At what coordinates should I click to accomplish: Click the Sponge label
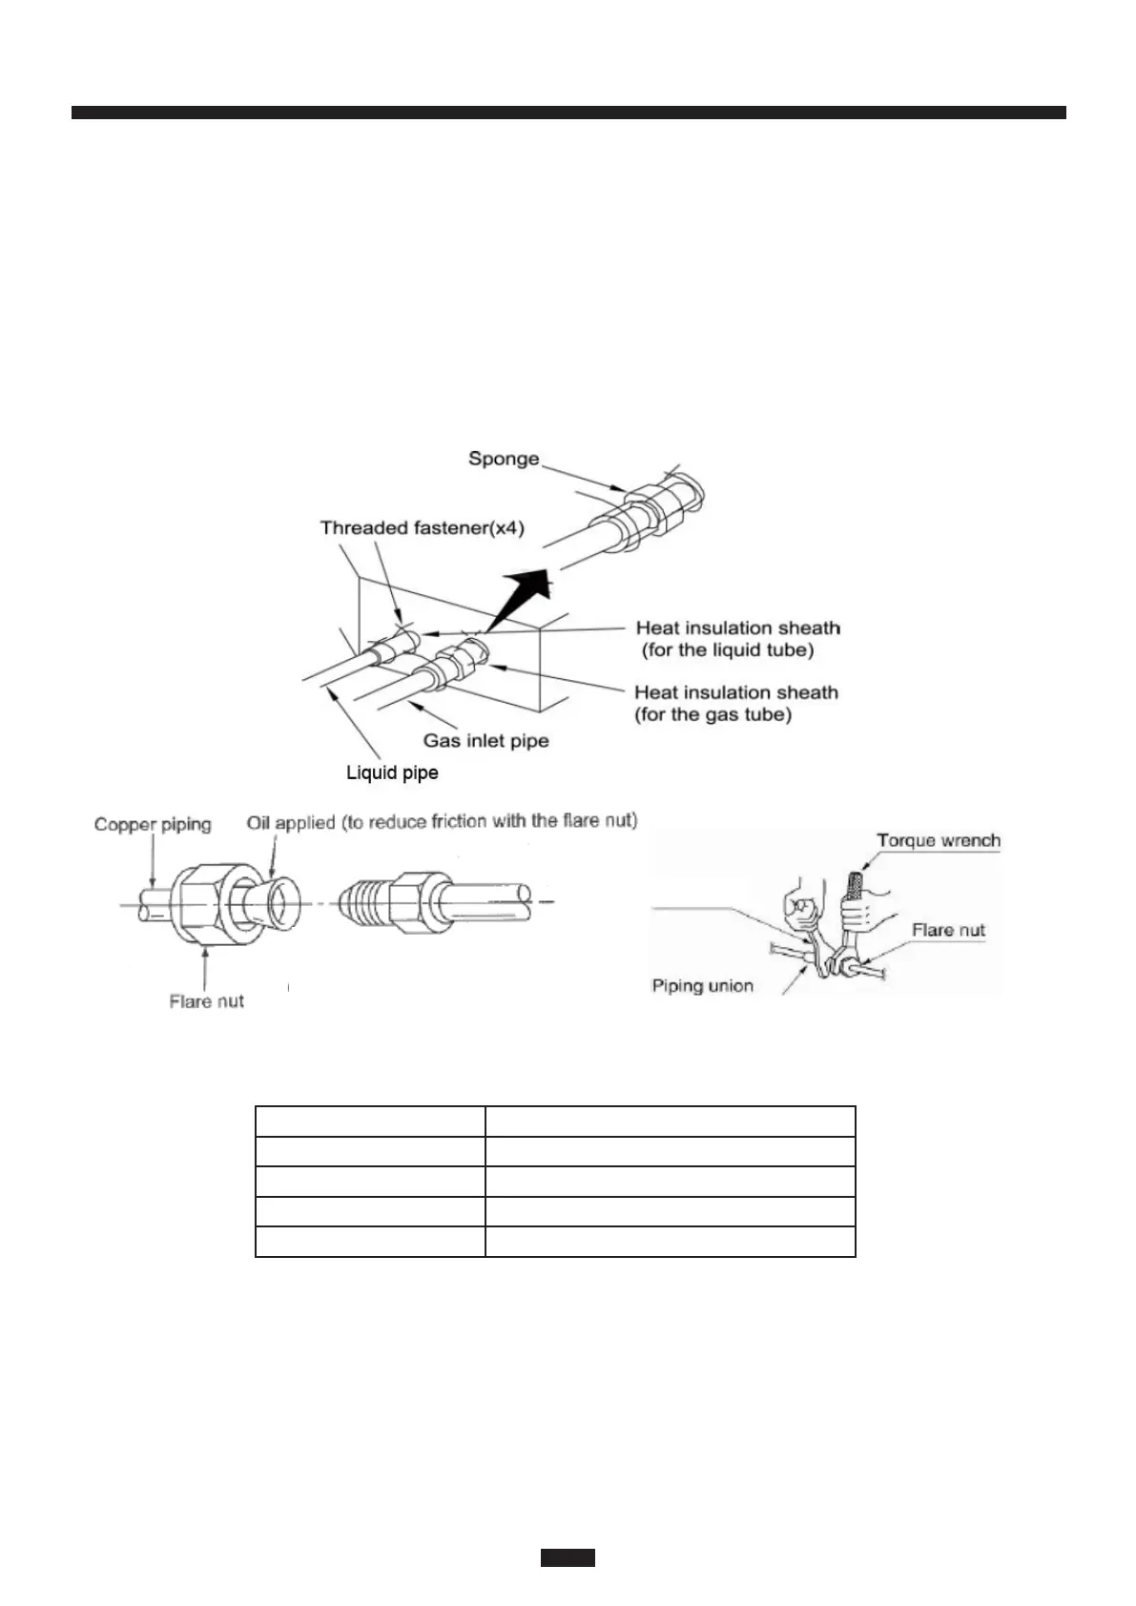(503, 459)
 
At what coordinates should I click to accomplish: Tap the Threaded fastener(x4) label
(422, 528)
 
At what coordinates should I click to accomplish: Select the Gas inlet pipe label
(485, 740)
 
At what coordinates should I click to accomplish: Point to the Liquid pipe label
(392, 772)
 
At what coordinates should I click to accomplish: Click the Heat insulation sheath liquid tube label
(737, 639)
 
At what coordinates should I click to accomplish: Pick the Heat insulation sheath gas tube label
(735, 704)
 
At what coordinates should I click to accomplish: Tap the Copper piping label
(153, 825)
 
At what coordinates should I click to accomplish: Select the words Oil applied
(290, 822)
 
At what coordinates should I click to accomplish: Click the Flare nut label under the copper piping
(206, 1001)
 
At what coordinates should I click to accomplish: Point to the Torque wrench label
(938, 841)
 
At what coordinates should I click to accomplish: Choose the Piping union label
(702, 986)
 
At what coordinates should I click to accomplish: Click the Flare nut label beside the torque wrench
(947, 931)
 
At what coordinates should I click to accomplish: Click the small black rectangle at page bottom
(568, 1557)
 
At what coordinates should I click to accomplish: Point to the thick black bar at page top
(568, 113)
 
